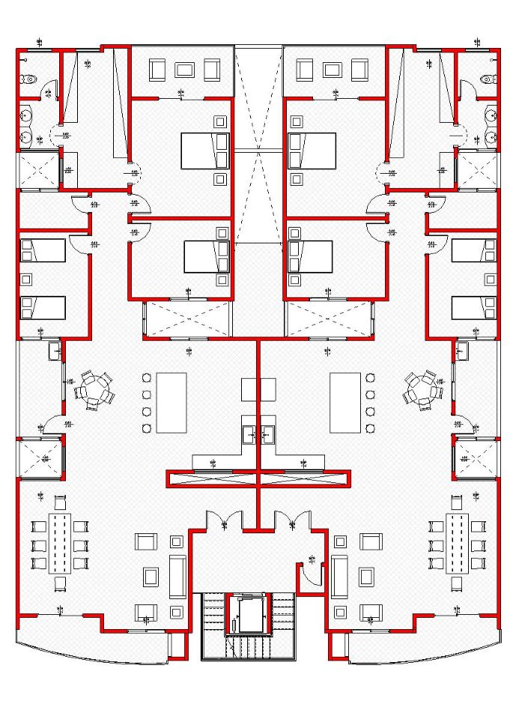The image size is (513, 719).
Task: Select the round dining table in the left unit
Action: click(x=94, y=389)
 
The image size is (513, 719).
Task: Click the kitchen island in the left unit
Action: click(x=171, y=402)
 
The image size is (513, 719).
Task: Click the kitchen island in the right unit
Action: click(x=344, y=402)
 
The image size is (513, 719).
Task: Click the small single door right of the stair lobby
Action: click(x=307, y=573)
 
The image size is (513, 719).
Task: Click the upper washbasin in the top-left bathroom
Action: click(x=26, y=115)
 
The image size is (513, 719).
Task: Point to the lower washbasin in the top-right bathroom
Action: click(x=491, y=137)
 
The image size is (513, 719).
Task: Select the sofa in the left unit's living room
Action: click(x=177, y=577)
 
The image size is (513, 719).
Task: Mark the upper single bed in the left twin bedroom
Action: click(x=43, y=250)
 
